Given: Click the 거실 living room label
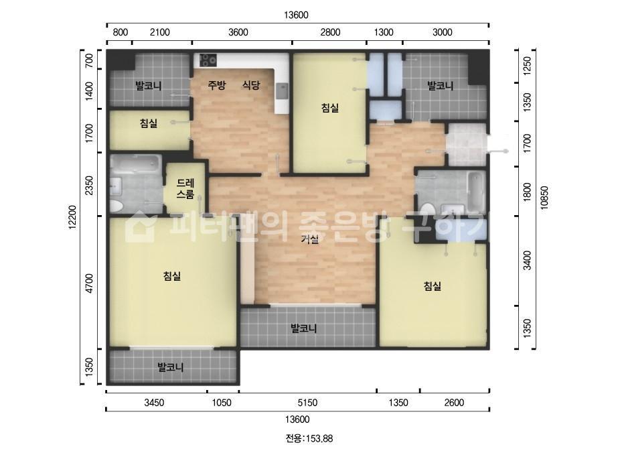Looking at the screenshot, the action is (x=310, y=239).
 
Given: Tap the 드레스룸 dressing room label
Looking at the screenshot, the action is (x=185, y=188).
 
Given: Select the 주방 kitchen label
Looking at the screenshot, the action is (x=217, y=85).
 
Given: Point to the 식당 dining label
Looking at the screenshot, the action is (x=251, y=85).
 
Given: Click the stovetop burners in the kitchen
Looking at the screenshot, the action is (x=208, y=60).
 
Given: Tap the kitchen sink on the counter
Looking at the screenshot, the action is (x=282, y=91).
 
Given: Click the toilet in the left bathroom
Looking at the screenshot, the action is (x=117, y=206).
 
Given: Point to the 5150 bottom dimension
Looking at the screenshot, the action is (x=307, y=403).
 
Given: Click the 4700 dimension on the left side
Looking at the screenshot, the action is (x=90, y=283).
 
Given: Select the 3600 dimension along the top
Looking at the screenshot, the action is (x=238, y=32).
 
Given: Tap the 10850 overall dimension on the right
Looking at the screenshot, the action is (x=544, y=197).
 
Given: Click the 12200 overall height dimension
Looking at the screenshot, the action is (x=72, y=216).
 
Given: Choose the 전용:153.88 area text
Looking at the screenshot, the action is (x=309, y=438).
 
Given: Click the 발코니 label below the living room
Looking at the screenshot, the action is (x=303, y=328).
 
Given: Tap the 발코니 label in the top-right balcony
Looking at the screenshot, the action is (x=441, y=85).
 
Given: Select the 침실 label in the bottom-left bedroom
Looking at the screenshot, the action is (x=172, y=276).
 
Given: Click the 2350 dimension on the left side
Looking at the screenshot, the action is (x=90, y=185).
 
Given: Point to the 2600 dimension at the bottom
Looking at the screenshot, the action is (x=454, y=403).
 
